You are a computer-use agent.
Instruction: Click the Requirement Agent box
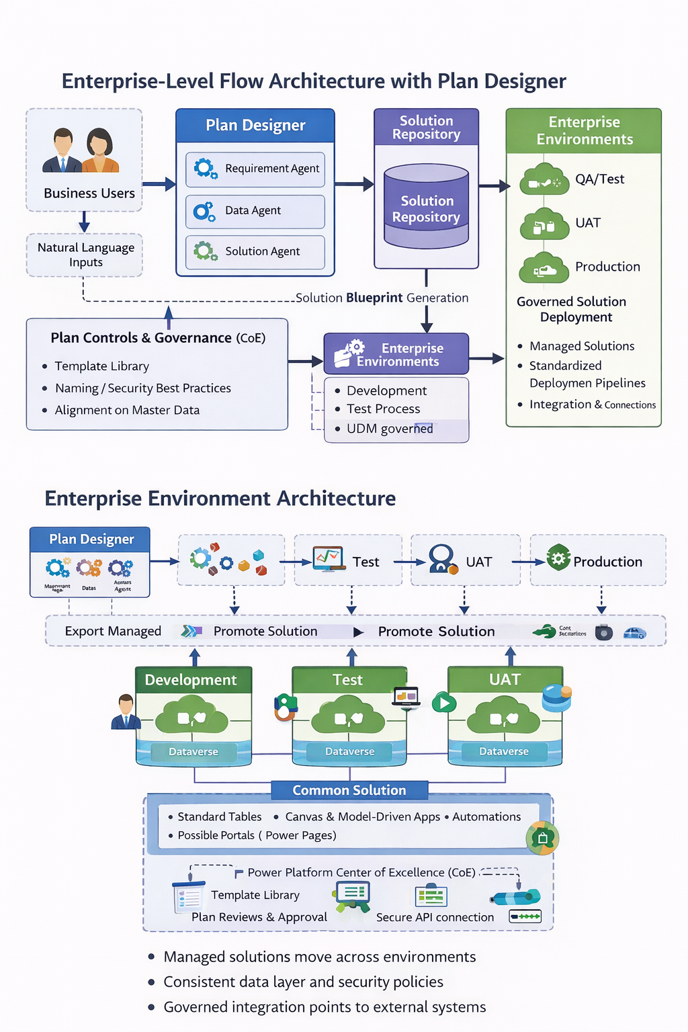coord(255,169)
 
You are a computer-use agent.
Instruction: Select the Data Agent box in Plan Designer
coord(255,211)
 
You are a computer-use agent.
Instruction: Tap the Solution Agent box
coord(255,252)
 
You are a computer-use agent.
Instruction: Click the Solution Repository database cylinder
coord(426,208)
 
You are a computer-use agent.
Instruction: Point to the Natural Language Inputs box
coord(85,255)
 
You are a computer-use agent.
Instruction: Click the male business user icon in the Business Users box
coord(62,150)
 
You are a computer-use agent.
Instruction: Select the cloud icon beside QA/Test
coord(544,179)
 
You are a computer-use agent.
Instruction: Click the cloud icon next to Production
coord(544,267)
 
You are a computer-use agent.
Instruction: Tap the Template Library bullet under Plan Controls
coord(102,366)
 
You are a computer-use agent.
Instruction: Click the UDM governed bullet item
coord(390,429)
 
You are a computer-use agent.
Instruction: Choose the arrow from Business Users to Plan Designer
coord(159,184)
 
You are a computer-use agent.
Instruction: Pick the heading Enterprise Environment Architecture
coord(220,499)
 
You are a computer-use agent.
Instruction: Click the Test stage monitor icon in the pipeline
coord(329,559)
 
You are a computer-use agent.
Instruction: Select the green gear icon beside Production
coord(558,558)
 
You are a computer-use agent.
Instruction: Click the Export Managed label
coord(113,632)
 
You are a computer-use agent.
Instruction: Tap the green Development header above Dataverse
coord(193,680)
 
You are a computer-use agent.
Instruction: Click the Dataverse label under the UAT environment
coord(504,751)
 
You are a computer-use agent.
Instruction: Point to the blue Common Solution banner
coord(349,790)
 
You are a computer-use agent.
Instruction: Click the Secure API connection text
coord(435,917)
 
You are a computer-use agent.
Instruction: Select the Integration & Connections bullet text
coord(592,404)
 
